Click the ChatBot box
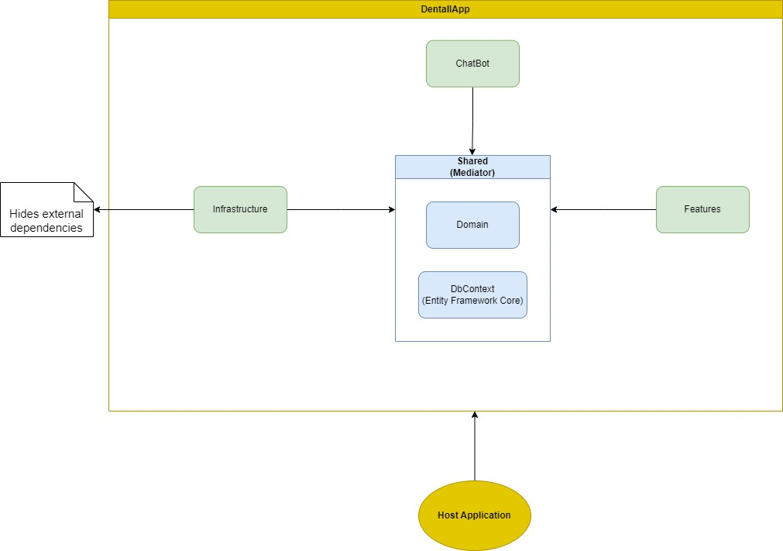[x=472, y=64]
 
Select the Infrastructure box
[x=240, y=209]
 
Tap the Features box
[x=702, y=209]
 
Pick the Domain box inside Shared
[x=472, y=225]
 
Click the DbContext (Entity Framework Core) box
[x=472, y=294]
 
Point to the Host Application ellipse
[x=474, y=515]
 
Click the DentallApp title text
[x=445, y=9]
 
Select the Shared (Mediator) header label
[x=472, y=167]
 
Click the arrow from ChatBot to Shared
[x=472, y=120]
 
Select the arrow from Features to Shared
[x=604, y=209]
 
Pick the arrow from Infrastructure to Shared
[x=341, y=209]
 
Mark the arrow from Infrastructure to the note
[x=143, y=209]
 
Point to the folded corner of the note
[x=84, y=191]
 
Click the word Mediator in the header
[x=472, y=173]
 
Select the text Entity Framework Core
[x=472, y=300]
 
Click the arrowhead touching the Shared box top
[x=472, y=150]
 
